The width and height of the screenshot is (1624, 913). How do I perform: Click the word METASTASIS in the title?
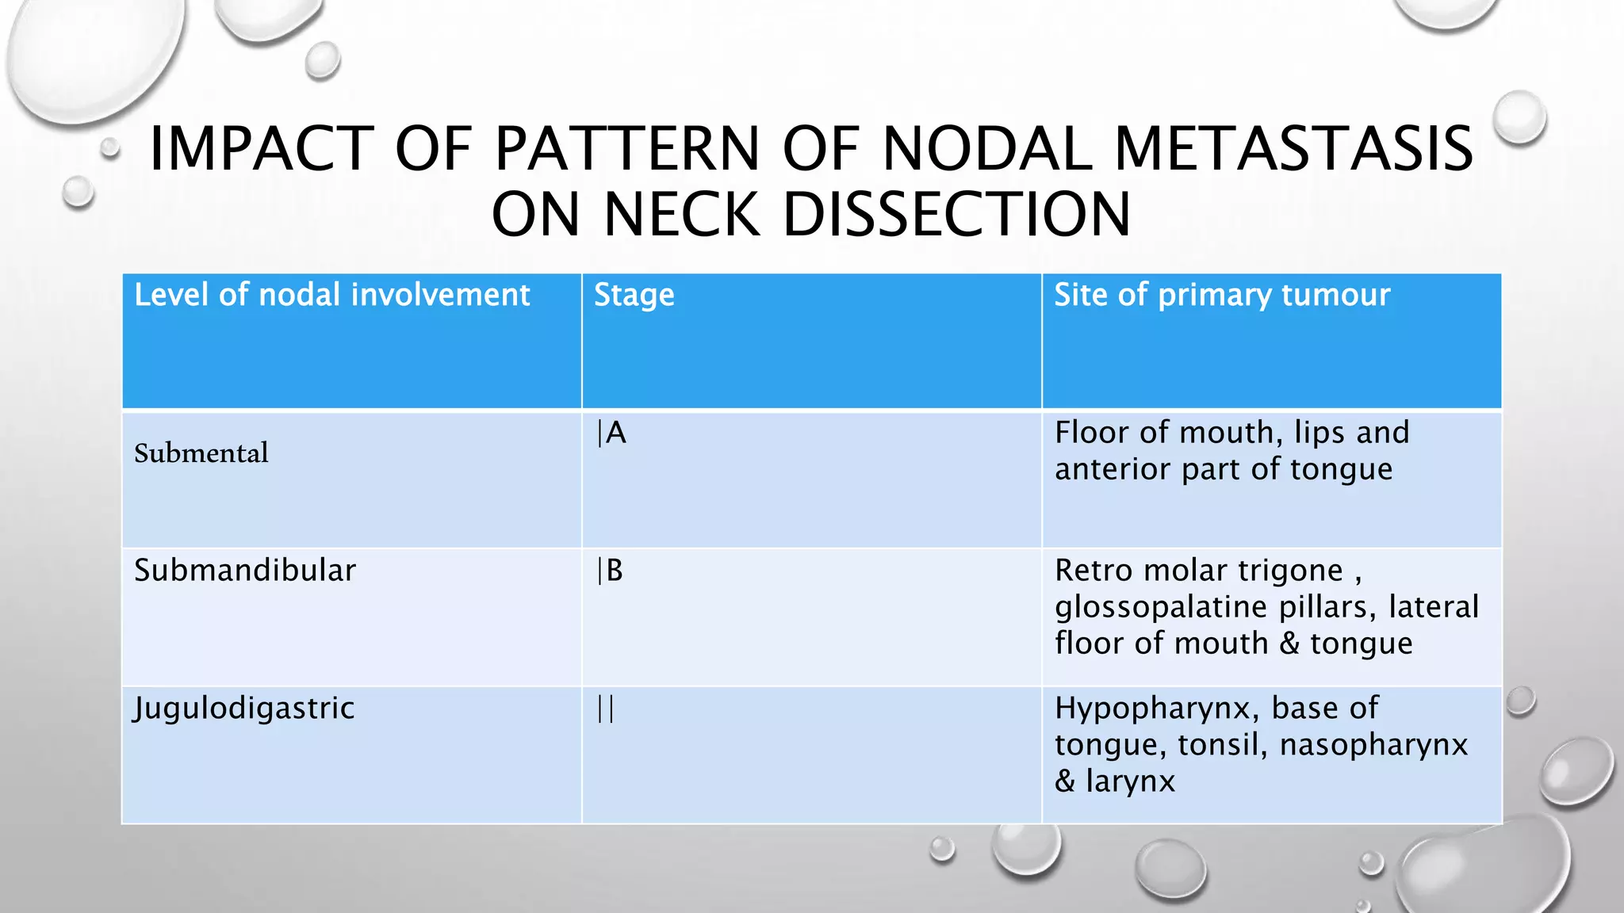pos(1294,149)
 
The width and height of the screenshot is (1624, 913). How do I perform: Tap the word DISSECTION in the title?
pos(957,215)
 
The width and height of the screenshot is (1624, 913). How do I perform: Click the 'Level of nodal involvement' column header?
pos(331,295)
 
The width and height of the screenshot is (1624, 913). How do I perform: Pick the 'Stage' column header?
pos(634,295)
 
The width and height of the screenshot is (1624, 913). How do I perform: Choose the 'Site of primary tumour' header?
pos(1222,295)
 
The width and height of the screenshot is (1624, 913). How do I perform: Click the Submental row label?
pos(201,453)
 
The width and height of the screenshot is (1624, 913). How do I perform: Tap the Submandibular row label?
pos(245,571)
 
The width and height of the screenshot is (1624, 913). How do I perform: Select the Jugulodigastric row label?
pos(243,709)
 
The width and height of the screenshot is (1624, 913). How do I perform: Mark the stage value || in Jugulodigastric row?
pos(606,709)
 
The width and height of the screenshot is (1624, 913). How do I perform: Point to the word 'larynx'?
pos(1130,781)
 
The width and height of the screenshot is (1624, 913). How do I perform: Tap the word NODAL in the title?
pos(988,149)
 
